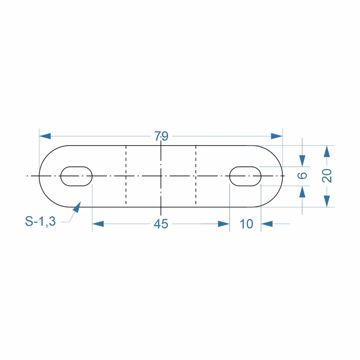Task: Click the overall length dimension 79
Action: point(161,136)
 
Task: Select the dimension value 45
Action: point(161,224)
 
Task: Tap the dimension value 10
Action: point(246,224)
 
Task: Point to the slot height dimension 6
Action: point(302,175)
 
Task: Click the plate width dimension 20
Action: point(327,175)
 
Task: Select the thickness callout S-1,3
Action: point(41,222)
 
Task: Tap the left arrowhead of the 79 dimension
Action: point(45,136)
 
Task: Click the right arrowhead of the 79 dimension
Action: point(277,136)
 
